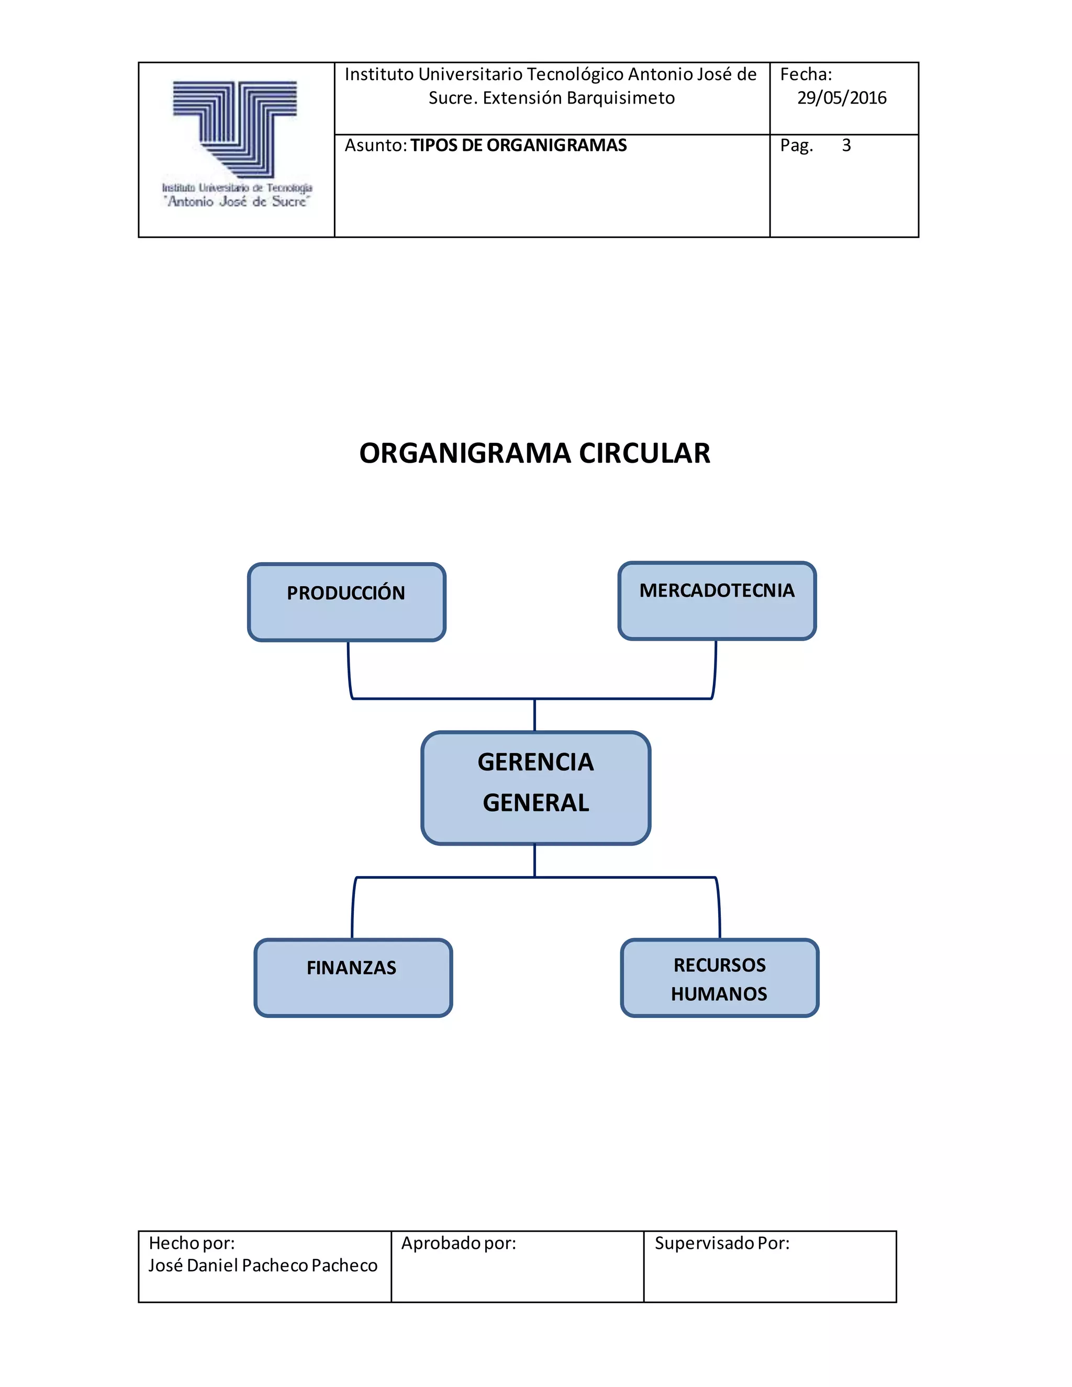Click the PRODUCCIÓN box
[x=346, y=601]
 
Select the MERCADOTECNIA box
[x=717, y=600]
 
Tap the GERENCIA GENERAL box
[x=535, y=788]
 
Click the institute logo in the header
[x=236, y=145]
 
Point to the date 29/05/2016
[x=842, y=98]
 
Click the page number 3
[x=846, y=146]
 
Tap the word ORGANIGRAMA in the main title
[x=465, y=453]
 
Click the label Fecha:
[x=805, y=74]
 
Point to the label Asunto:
[x=375, y=146]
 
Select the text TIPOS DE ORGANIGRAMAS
[x=518, y=146]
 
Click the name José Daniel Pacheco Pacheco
[x=263, y=1265]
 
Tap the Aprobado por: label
[x=459, y=1243]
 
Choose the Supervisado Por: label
[x=722, y=1243]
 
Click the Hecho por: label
[x=191, y=1243]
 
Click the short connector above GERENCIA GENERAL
[x=535, y=715]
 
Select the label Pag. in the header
[x=796, y=146]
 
